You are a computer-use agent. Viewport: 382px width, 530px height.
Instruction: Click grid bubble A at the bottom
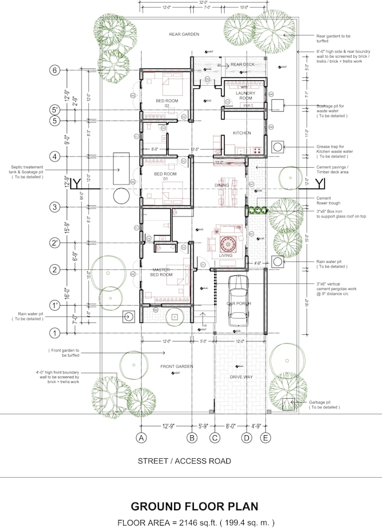[142, 438]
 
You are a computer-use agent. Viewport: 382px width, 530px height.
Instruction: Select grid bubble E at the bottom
[265, 438]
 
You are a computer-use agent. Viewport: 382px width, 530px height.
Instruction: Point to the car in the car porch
[239, 301]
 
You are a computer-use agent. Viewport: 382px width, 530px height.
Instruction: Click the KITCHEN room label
[242, 133]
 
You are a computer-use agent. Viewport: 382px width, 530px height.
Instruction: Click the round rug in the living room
[229, 244]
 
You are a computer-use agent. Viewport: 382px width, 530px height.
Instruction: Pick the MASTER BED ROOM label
[161, 272]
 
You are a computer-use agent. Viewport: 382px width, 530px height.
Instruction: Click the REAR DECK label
[243, 65]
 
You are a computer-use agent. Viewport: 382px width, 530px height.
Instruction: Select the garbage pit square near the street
[288, 404]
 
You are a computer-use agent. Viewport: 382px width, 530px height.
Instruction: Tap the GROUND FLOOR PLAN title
[194, 506]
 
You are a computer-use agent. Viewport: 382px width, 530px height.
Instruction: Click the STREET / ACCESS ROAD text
[184, 461]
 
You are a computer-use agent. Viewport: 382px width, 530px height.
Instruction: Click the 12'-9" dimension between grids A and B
[167, 426]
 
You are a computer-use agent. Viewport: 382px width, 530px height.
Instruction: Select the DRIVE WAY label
[240, 377]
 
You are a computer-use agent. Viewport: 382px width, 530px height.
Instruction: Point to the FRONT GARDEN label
[177, 366]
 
